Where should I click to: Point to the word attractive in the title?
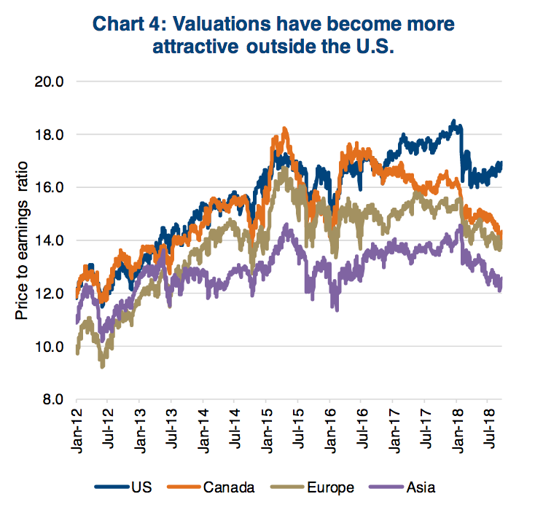[x=195, y=48]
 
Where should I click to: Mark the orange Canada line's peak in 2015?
[x=284, y=130]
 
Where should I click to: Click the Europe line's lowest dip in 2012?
[x=103, y=366]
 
